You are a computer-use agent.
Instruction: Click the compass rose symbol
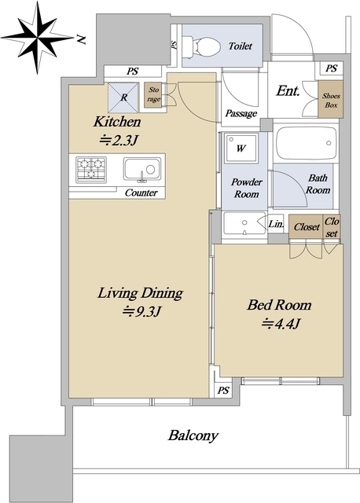click(38, 39)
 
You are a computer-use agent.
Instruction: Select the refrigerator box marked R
click(123, 97)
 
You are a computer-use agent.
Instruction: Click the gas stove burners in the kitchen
click(91, 170)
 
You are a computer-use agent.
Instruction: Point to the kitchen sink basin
click(142, 169)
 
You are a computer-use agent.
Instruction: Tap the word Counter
click(141, 193)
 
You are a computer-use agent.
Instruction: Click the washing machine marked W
click(241, 149)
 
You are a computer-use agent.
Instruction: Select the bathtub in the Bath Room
click(306, 143)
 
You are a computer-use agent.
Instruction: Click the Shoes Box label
click(331, 100)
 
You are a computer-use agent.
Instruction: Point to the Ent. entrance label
click(288, 91)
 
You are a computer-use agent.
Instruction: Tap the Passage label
click(241, 113)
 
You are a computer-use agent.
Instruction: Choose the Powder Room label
click(246, 188)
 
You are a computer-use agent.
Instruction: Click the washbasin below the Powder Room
click(244, 222)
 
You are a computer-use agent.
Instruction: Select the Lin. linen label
click(276, 223)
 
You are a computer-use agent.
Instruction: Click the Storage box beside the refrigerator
click(154, 95)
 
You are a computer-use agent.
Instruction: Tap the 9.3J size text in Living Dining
click(141, 311)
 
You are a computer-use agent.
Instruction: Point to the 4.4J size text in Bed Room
click(281, 324)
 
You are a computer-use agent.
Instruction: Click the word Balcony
click(193, 435)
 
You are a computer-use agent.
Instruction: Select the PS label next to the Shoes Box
click(332, 68)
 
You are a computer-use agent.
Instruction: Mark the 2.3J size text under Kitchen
click(119, 140)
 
